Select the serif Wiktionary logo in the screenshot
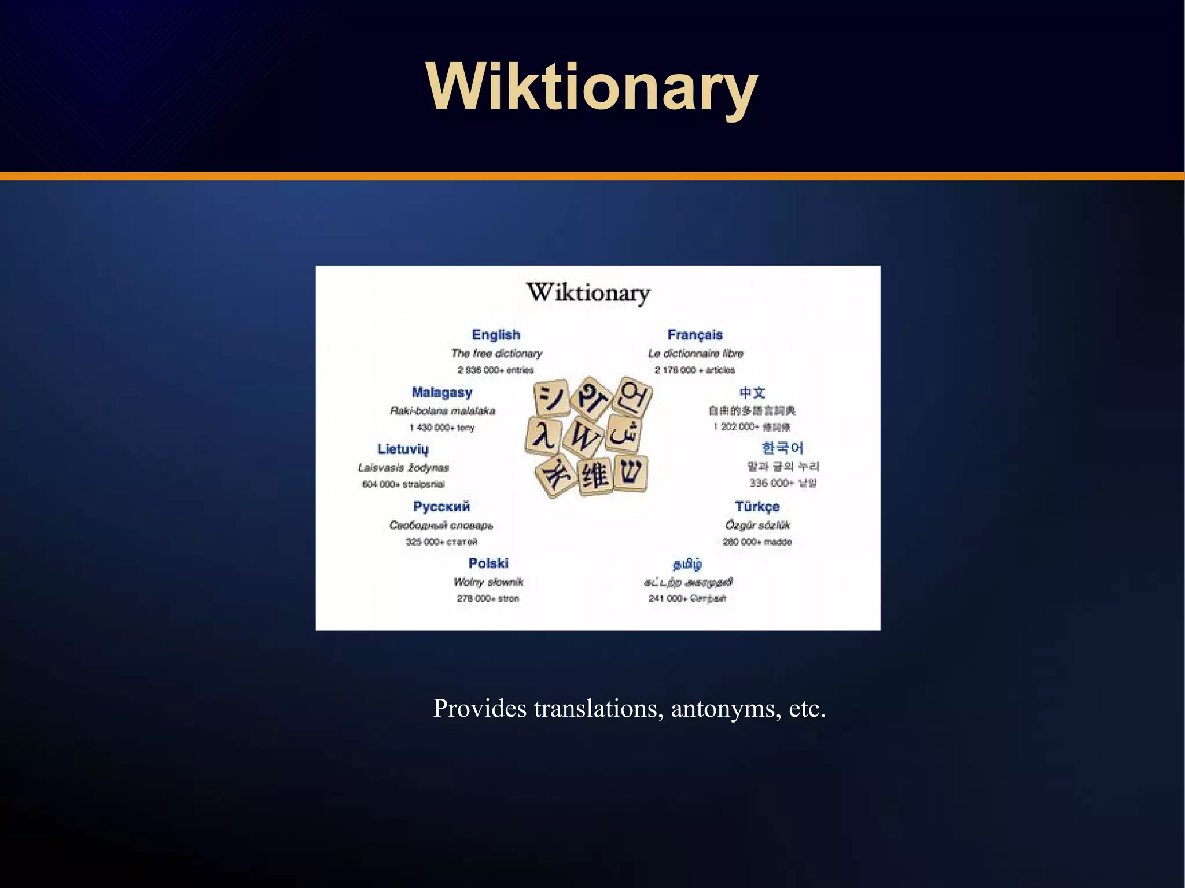click(588, 292)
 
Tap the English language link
click(496, 334)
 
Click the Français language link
click(695, 334)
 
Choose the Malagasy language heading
click(441, 392)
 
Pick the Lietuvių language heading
click(403, 449)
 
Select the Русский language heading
click(441, 506)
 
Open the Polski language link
click(488, 563)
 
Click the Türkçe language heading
click(757, 506)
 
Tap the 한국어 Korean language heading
click(782, 448)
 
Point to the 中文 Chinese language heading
click(752, 393)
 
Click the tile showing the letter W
click(583, 437)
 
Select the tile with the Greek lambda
click(544, 435)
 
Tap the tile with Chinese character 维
click(595, 476)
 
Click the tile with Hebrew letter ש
click(631, 473)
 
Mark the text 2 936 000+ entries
click(496, 370)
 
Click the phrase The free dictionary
click(497, 353)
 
